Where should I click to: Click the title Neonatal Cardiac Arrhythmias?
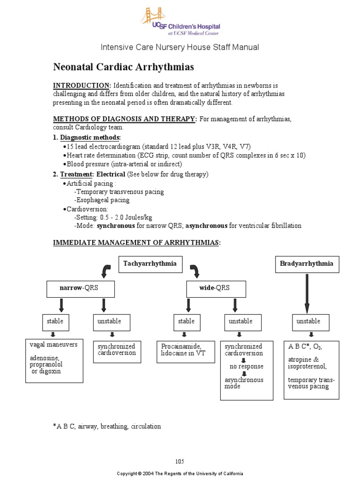(123, 67)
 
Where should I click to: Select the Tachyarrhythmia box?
(150, 264)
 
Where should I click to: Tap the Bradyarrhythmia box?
(307, 264)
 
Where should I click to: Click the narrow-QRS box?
(80, 289)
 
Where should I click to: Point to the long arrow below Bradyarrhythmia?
(307, 293)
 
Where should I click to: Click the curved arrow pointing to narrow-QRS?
(106, 271)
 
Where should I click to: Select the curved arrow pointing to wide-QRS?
(194, 271)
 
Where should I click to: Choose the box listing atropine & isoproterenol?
(313, 369)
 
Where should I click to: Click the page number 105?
(180, 461)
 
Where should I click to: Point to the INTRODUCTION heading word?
(81, 86)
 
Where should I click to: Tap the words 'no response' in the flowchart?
(246, 367)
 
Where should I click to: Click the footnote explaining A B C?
(107, 427)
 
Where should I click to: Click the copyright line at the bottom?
(180, 474)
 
